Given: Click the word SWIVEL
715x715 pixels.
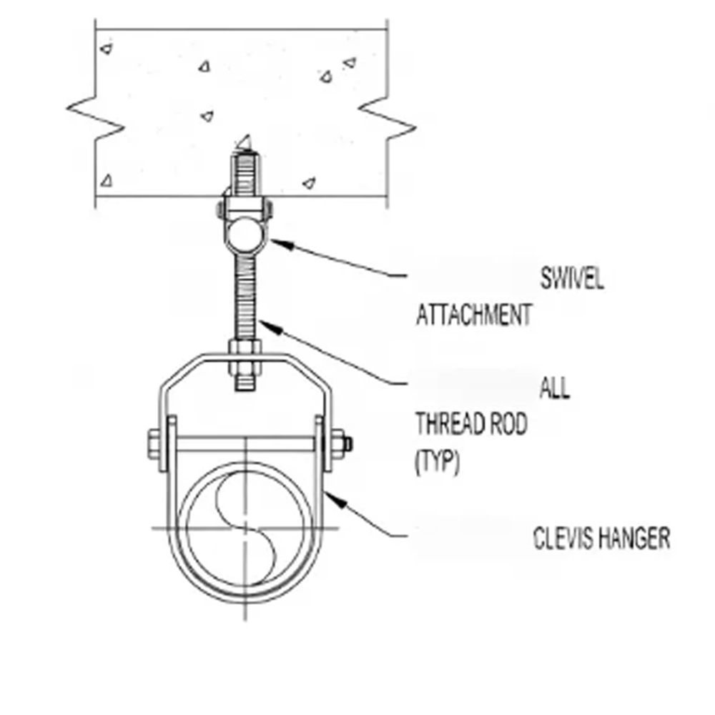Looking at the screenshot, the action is [572, 278].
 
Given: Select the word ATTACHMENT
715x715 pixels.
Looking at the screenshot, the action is [474, 315].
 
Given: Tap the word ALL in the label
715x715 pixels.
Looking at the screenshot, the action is [555, 388].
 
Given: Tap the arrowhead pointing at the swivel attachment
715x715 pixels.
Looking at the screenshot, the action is [282, 244].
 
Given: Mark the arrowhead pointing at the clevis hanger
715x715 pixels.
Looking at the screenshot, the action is [335, 498].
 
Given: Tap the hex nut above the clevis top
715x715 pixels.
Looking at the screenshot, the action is [245, 347].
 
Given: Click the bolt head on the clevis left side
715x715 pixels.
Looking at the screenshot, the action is [154, 444].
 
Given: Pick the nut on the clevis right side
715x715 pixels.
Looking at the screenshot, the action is [338, 444].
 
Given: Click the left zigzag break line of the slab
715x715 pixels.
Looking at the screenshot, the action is [95, 118].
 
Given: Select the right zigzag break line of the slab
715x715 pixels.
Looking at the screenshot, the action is [387, 118].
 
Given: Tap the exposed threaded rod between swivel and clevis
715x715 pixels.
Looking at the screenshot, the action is [245, 297].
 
